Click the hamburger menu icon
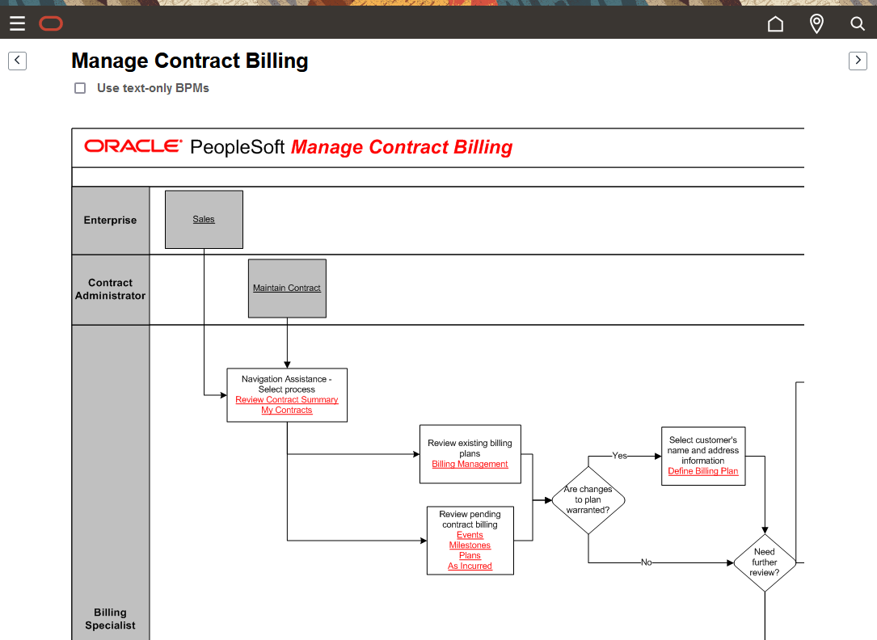click(17, 24)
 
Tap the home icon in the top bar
click(775, 24)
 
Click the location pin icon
click(816, 24)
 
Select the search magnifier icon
click(858, 24)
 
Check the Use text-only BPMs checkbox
click(80, 88)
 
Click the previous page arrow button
click(17, 61)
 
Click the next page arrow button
click(858, 61)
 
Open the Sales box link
click(204, 219)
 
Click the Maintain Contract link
click(287, 288)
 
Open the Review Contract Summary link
click(287, 400)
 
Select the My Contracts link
click(287, 411)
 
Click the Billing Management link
click(470, 465)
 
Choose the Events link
click(470, 535)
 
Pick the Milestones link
click(470, 545)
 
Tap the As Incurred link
click(470, 566)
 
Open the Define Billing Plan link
click(702, 471)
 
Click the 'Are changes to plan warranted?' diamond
click(588, 500)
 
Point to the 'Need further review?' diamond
click(764, 562)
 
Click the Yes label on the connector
click(619, 456)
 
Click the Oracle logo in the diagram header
click(133, 146)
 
